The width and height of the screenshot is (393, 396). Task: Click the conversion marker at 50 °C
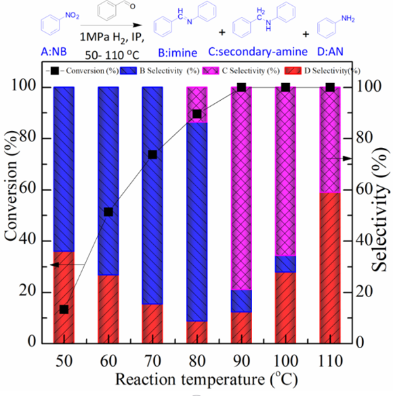(64, 309)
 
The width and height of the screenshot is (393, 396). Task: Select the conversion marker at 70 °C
(153, 154)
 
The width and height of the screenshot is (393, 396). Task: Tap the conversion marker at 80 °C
(196, 114)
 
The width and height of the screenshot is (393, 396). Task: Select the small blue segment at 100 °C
(286, 263)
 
